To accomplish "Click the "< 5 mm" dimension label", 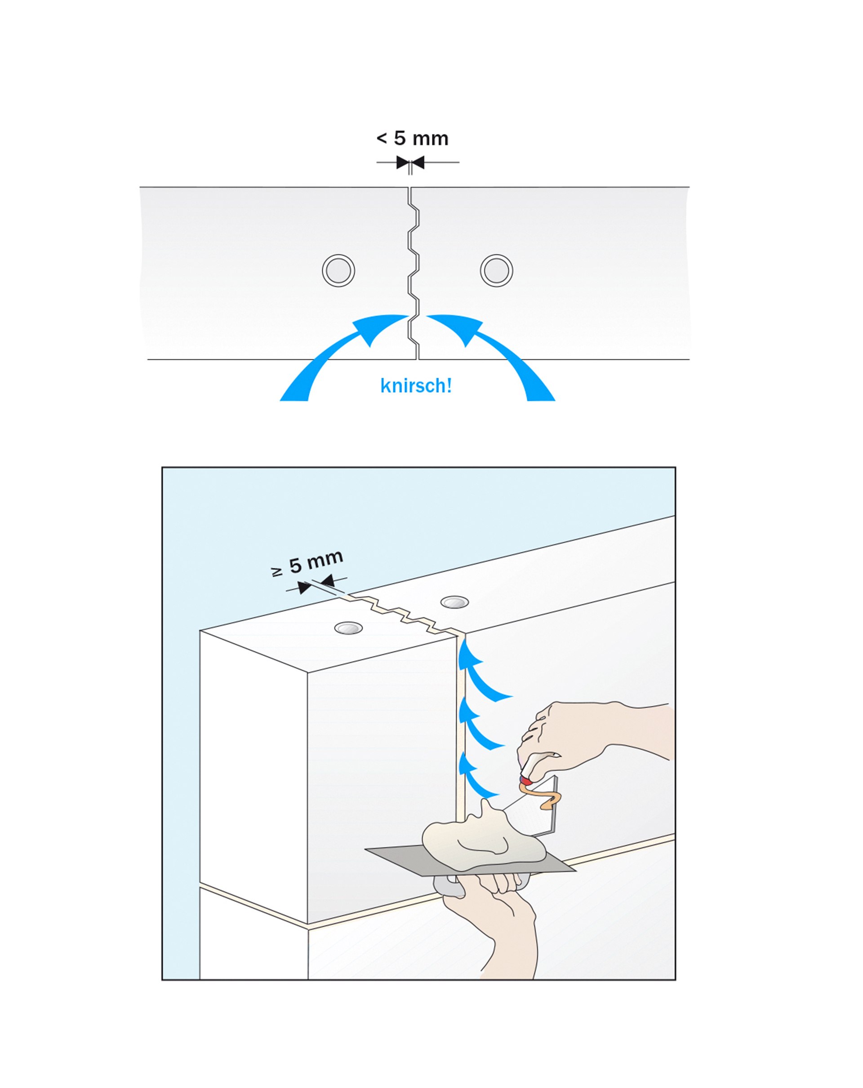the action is (x=412, y=138).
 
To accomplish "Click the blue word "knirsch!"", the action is (x=416, y=385).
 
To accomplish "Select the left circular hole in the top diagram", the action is (x=338, y=270).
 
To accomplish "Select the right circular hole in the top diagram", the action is (x=496, y=270).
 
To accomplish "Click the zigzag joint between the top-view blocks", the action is (x=414, y=273).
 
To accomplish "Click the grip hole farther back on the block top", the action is (x=454, y=602).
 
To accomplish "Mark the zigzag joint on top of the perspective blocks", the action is (x=399, y=613).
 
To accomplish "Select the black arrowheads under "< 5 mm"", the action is (x=410, y=163).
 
